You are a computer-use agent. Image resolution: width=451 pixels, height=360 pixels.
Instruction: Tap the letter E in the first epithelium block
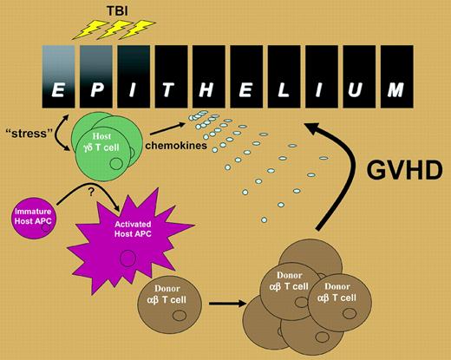(58, 90)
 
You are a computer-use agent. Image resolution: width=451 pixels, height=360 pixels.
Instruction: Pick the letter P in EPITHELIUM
(95, 90)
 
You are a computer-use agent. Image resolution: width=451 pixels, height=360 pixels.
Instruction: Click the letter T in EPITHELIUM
(170, 90)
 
